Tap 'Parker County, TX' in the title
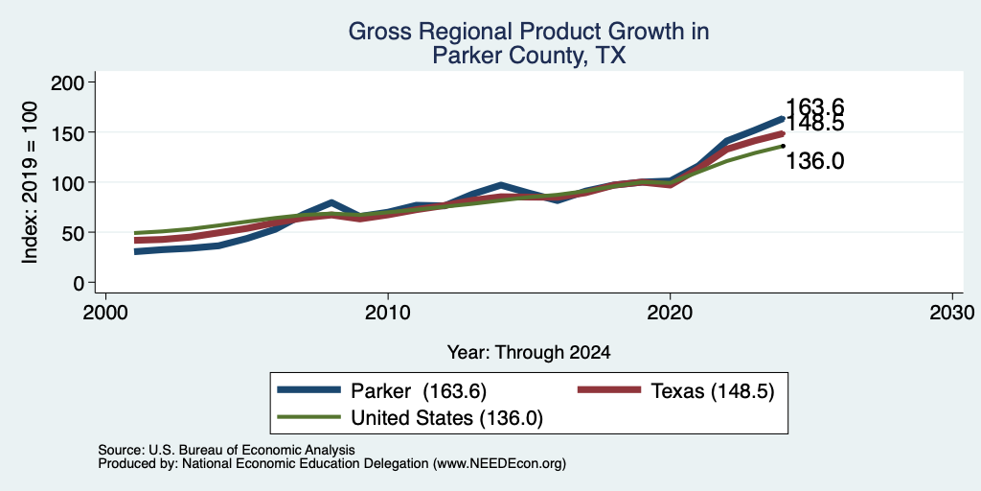point(529,57)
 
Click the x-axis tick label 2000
point(105,312)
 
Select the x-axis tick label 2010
point(388,312)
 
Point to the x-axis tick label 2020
point(670,312)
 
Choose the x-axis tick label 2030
point(952,312)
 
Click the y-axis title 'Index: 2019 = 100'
point(30,182)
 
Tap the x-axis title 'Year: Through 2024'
point(529,353)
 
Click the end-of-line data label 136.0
point(814,161)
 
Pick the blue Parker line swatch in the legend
point(308,390)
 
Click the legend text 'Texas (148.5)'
point(713,391)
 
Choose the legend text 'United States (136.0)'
point(446,418)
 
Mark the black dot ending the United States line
point(783,146)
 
